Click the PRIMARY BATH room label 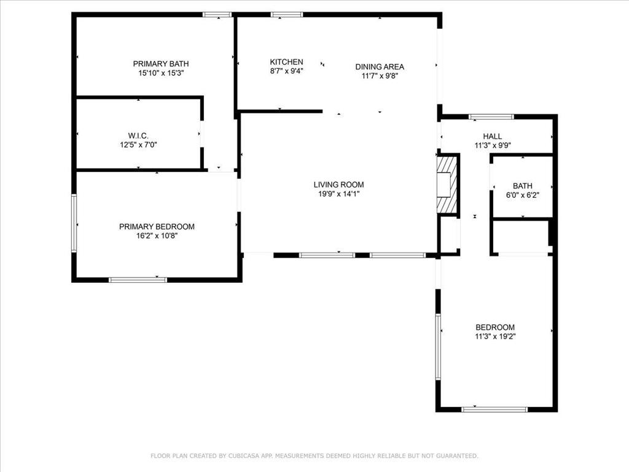point(160,63)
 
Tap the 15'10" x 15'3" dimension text point(160,73)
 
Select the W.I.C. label point(138,136)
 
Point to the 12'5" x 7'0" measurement point(138,145)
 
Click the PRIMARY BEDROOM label point(157,226)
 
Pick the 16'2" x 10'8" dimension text point(157,235)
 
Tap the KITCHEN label point(286,61)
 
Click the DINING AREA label point(380,67)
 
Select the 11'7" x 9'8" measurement point(380,76)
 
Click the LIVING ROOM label point(338,184)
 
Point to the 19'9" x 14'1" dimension point(338,194)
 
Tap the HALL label point(492,136)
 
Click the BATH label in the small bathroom point(523,186)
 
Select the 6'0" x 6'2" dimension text point(523,195)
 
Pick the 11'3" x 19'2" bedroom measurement point(495,337)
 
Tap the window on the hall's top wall point(491,116)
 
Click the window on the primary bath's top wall point(217,14)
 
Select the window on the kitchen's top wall point(287,14)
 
